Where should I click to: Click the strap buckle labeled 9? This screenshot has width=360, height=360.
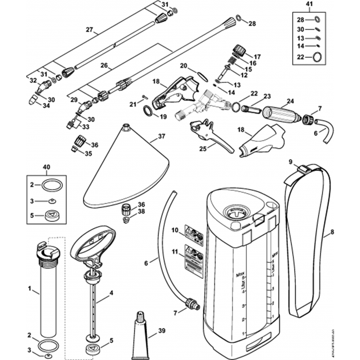[303, 168]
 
